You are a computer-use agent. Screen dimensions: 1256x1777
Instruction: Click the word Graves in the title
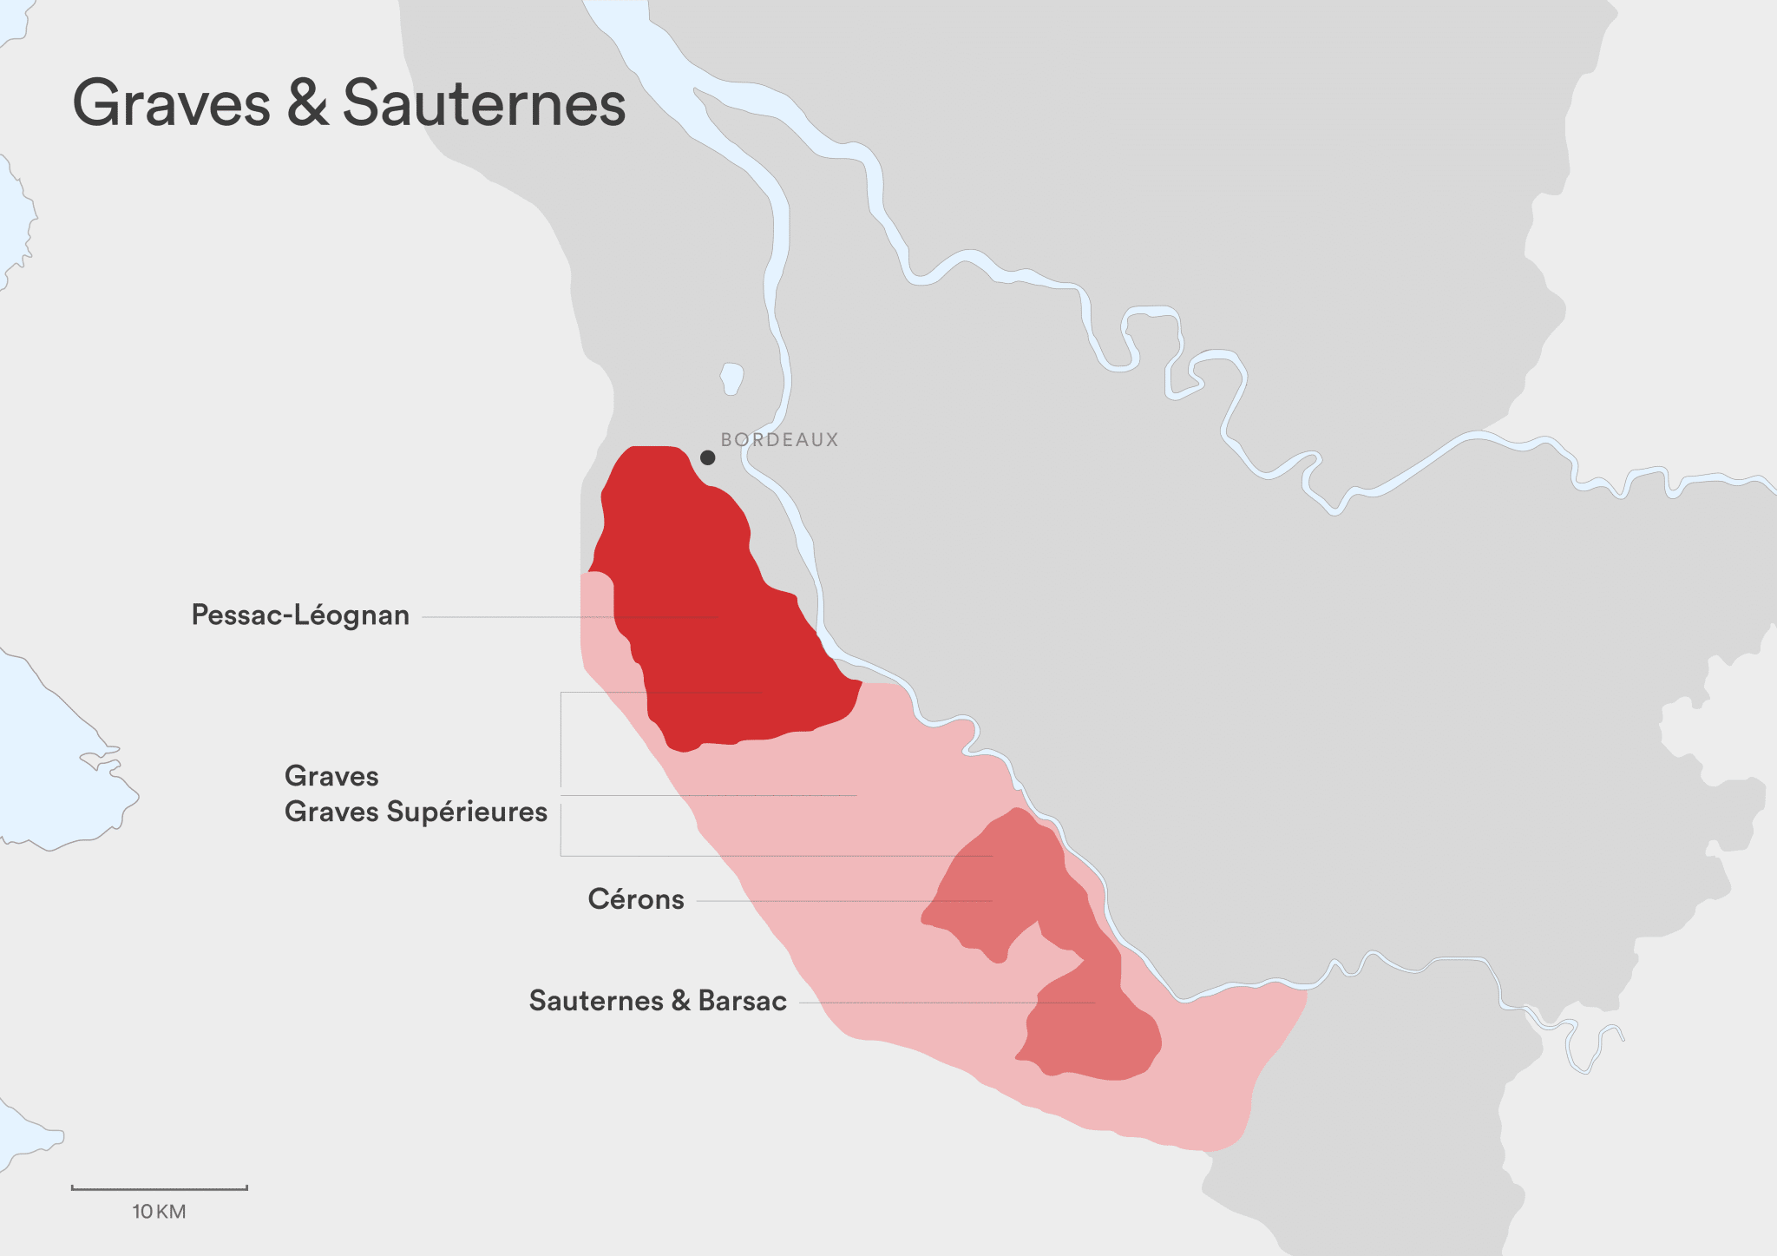tap(171, 104)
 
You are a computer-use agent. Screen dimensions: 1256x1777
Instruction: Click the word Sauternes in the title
tap(484, 104)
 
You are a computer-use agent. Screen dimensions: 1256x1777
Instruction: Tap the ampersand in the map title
tap(307, 104)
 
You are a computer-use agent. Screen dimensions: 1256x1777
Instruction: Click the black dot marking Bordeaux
tap(708, 457)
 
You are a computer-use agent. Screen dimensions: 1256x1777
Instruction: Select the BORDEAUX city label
tap(780, 440)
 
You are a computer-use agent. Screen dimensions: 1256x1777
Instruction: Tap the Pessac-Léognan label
tap(300, 615)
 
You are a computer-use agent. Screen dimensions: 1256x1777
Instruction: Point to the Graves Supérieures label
tap(416, 812)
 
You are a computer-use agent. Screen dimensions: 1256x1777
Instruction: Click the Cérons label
tap(636, 899)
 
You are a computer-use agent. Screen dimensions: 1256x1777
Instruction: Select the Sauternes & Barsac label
tap(658, 1001)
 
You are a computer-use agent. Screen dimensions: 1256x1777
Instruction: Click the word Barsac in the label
tap(743, 1001)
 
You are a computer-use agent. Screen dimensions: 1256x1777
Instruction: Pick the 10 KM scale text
tap(159, 1212)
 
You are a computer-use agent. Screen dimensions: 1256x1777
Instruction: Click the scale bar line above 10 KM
tap(160, 1188)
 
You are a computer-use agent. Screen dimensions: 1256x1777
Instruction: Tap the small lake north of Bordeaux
tap(731, 378)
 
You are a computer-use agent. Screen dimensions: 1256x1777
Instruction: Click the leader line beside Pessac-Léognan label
tap(521, 617)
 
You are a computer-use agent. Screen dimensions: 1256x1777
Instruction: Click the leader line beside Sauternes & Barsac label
tap(911, 1003)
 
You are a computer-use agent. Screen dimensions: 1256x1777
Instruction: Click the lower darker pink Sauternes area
tap(1093, 1033)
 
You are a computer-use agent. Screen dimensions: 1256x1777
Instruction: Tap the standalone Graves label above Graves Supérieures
tap(331, 776)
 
